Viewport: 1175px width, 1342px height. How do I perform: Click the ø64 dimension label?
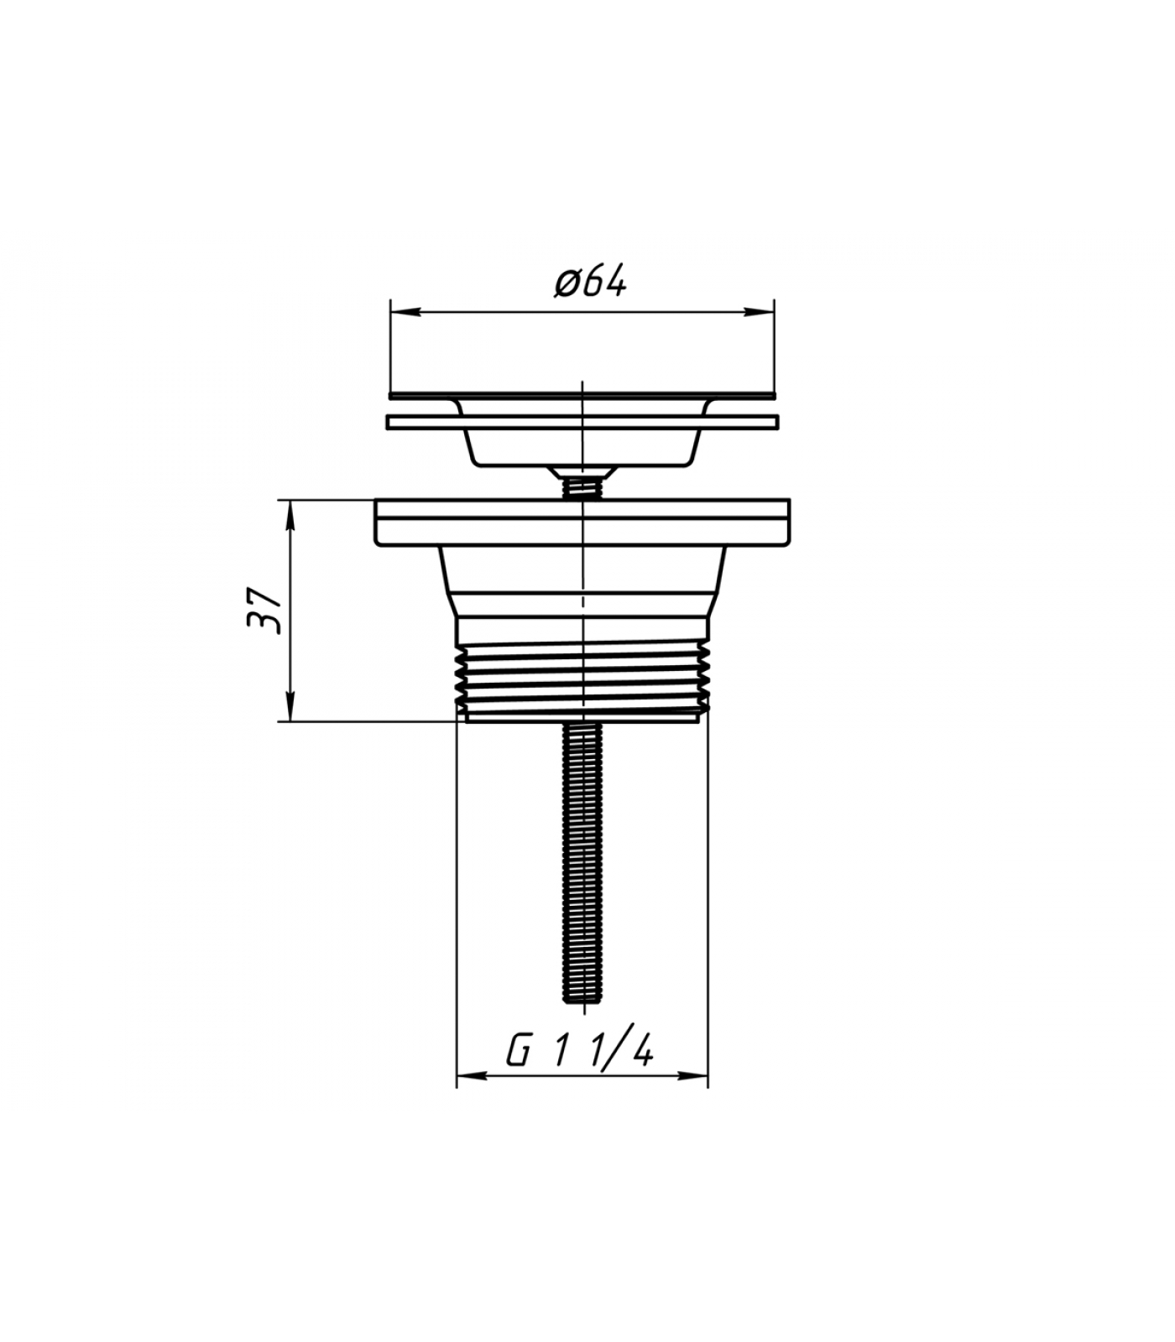pyautogui.click(x=590, y=281)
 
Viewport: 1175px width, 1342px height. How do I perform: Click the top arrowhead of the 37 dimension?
pyautogui.click(x=290, y=514)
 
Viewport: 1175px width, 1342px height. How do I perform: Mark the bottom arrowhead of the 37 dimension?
pyautogui.click(x=290, y=706)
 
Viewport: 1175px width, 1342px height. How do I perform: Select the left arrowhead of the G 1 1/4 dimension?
pyautogui.click(x=471, y=1075)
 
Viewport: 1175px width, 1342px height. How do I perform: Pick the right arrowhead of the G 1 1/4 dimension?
pyautogui.click(x=694, y=1075)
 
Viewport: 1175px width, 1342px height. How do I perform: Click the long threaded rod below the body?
pyautogui.click(x=582, y=862)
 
